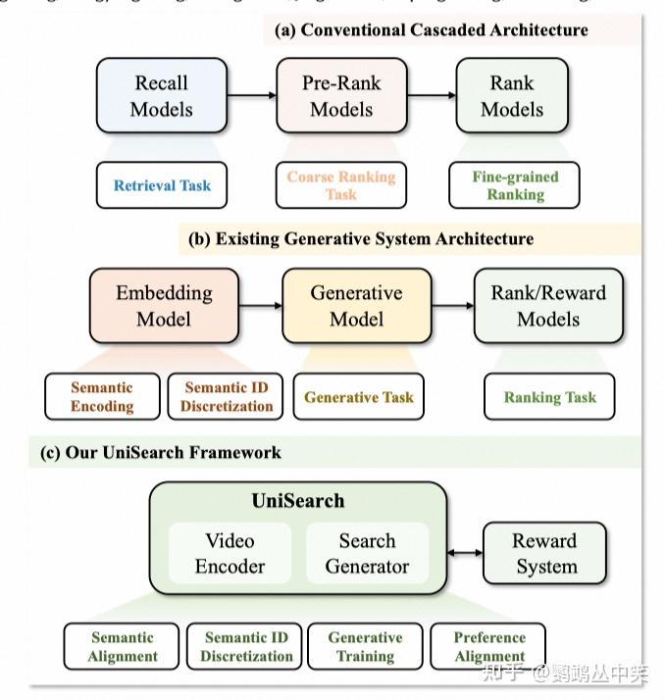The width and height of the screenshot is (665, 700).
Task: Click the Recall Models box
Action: coord(161,95)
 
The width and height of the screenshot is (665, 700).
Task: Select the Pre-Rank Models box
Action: coord(341,95)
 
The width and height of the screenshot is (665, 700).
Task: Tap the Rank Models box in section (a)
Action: coord(512,95)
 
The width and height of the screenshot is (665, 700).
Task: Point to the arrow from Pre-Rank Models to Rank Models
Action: coord(431,95)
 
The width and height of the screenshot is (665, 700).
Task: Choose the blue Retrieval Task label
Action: coord(162,185)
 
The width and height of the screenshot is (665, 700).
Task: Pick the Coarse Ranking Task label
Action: coord(341,185)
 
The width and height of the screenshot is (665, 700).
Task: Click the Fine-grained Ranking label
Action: coord(515,185)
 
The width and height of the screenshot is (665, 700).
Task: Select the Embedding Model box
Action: coord(164,306)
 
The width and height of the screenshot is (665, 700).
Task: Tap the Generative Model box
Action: coord(356,306)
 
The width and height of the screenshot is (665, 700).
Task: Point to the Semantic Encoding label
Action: coord(102,396)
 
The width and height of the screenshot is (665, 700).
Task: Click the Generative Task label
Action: coord(359,397)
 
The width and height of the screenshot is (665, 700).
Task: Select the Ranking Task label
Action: coord(549,397)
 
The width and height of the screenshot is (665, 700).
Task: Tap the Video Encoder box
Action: coord(230,554)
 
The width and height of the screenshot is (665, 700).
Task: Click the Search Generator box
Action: coord(367,554)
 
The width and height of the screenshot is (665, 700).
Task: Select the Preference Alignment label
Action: coord(489,647)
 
